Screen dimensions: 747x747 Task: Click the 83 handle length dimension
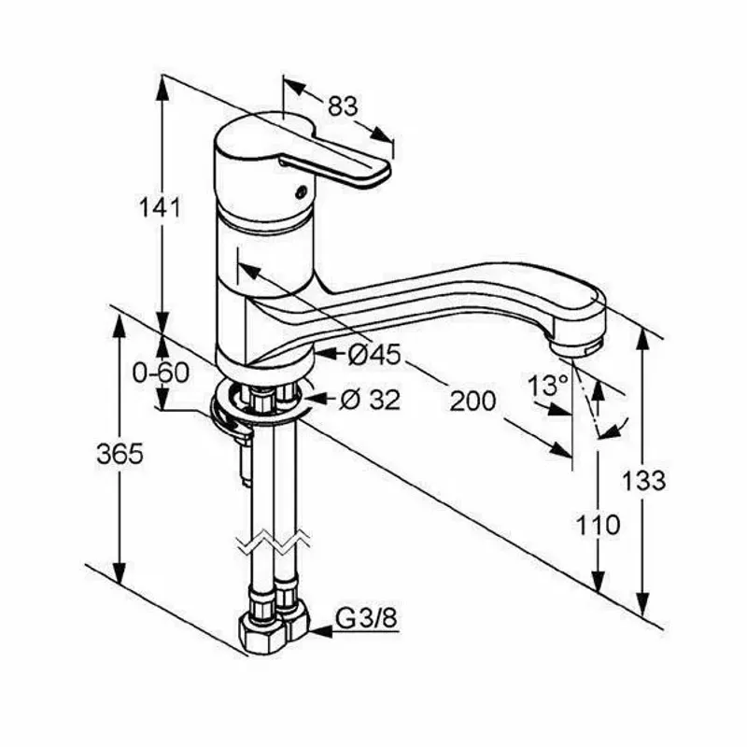coord(343,106)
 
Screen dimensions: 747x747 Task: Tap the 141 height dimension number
coord(160,208)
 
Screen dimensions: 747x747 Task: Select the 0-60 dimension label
coord(161,373)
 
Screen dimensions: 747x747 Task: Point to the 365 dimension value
coord(120,454)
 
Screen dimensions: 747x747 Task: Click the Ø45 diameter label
coord(374,355)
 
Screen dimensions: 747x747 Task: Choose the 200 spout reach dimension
coord(473,401)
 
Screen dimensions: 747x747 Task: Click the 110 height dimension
coord(598,526)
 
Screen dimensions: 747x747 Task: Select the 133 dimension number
coord(643,480)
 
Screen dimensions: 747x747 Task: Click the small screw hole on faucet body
coord(300,193)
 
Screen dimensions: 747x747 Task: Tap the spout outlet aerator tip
coord(577,345)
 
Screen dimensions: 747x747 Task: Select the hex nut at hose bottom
coord(261,636)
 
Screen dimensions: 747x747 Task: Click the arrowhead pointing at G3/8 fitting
coord(321,632)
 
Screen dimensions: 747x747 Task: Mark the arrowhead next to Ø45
coord(326,354)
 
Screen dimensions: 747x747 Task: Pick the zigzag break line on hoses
coord(274,544)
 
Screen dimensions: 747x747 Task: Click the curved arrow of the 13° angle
coord(615,429)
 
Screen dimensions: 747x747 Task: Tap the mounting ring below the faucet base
coord(259,401)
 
